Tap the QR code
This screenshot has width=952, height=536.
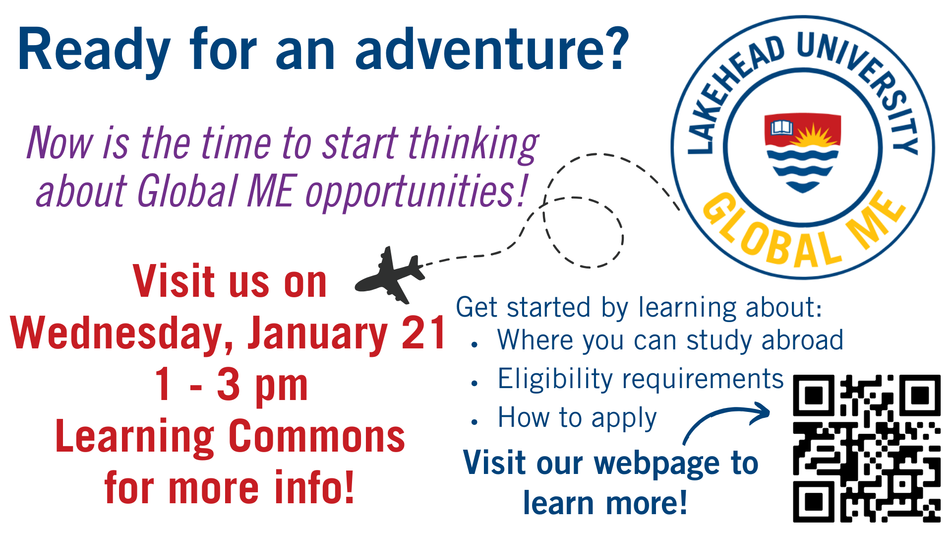[x=867, y=448]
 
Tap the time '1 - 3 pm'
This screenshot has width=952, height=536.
[x=232, y=385]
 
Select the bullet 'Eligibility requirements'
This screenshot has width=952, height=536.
[x=641, y=379]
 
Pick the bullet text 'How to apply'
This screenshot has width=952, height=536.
[x=577, y=418]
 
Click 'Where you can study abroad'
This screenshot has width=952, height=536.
[x=670, y=340]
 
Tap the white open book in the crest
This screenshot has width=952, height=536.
[x=782, y=128]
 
